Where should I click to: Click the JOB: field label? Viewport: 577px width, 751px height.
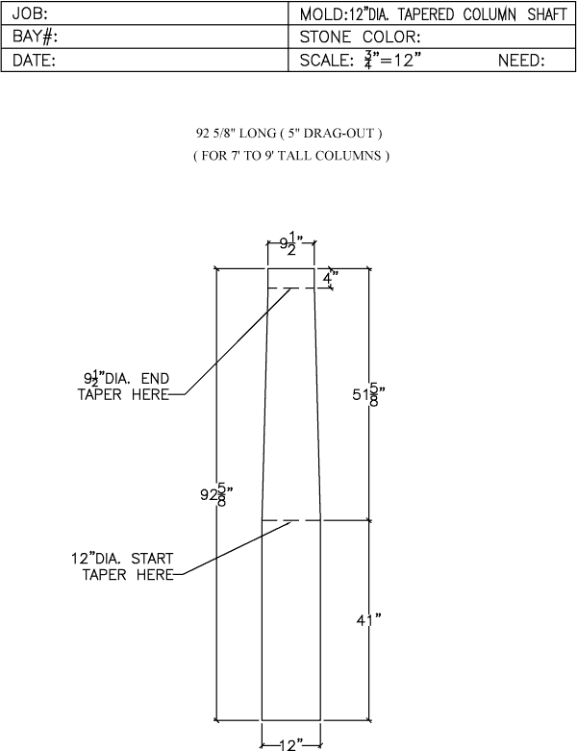pyautogui.click(x=30, y=13)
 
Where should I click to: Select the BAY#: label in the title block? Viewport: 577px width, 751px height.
pyautogui.click(x=35, y=37)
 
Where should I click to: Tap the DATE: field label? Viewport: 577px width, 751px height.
pyautogui.click(x=34, y=61)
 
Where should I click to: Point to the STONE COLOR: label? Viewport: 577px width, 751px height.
pyautogui.click(x=360, y=37)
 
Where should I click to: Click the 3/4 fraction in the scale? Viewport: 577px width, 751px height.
pyautogui.click(x=367, y=60)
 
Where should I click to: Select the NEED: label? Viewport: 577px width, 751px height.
pyautogui.click(x=521, y=61)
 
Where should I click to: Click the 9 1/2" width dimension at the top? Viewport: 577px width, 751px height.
pyautogui.click(x=291, y=244)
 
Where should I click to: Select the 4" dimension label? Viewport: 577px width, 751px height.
pyautogui.click(x=330, y=277)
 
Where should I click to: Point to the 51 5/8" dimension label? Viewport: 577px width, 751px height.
pyautogui.click(x=368, y=394)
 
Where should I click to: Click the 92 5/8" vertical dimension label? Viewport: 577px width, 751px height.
pyautogui.click(x=216, y=493)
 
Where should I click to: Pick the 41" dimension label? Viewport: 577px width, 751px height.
pyautogui.click(x=368, y=620)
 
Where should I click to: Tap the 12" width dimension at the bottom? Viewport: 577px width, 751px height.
pyautogui.click(x=290, y=744)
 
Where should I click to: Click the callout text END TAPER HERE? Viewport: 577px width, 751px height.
pyautogui.click(x=123, y=387)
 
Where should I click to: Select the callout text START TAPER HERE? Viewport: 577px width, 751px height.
pyautogui.click(x=122, y=566)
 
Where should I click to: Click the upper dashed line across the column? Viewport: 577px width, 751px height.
pyautogui.click(x=291, y=288)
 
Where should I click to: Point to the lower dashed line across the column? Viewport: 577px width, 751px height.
pyautogui.click(x=291, y=520)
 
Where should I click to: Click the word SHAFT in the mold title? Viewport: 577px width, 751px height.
pyautogui.click(x=547, y=14)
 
